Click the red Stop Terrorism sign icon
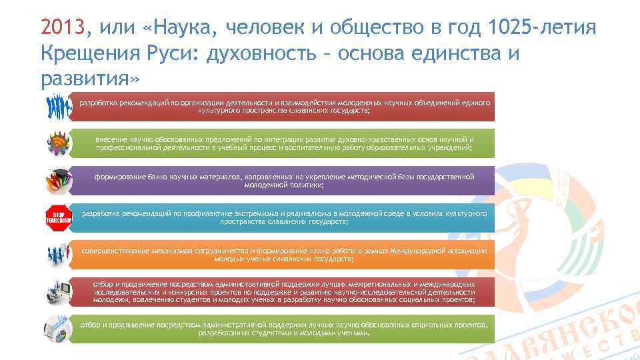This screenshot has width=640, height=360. [57, 217]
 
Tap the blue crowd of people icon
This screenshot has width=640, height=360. [58, 106]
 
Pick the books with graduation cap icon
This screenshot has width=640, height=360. [58, 180]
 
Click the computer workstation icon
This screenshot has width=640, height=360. [58, 292]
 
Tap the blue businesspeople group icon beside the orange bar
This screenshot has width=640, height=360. [58, 255]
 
